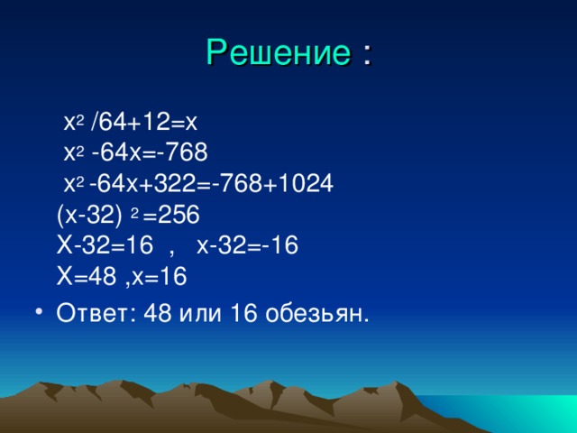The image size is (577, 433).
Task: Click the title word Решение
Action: (x=279, y=52)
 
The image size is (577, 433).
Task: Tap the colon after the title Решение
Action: (x=367, y=55)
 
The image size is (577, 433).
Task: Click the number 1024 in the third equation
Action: (x=306, y=183)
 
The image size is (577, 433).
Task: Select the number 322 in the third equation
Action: (x=174, y=183)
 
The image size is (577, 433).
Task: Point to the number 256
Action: (x=179, y=215)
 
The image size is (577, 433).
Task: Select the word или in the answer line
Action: (x=201, y=315)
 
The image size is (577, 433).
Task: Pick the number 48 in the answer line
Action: (x=158, y=314)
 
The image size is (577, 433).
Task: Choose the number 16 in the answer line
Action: (x=243, y=314)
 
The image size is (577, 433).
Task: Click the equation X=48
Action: (x=87, y=276)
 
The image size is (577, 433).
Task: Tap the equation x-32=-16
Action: (x=247, y=245)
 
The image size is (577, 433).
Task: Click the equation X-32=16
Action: (x=105, y=245)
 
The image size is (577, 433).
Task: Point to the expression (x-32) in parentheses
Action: (x=89, y=215)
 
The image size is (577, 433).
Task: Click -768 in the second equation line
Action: (x=182, y=152)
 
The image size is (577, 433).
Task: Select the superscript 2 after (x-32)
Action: (x=134, y=214)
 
